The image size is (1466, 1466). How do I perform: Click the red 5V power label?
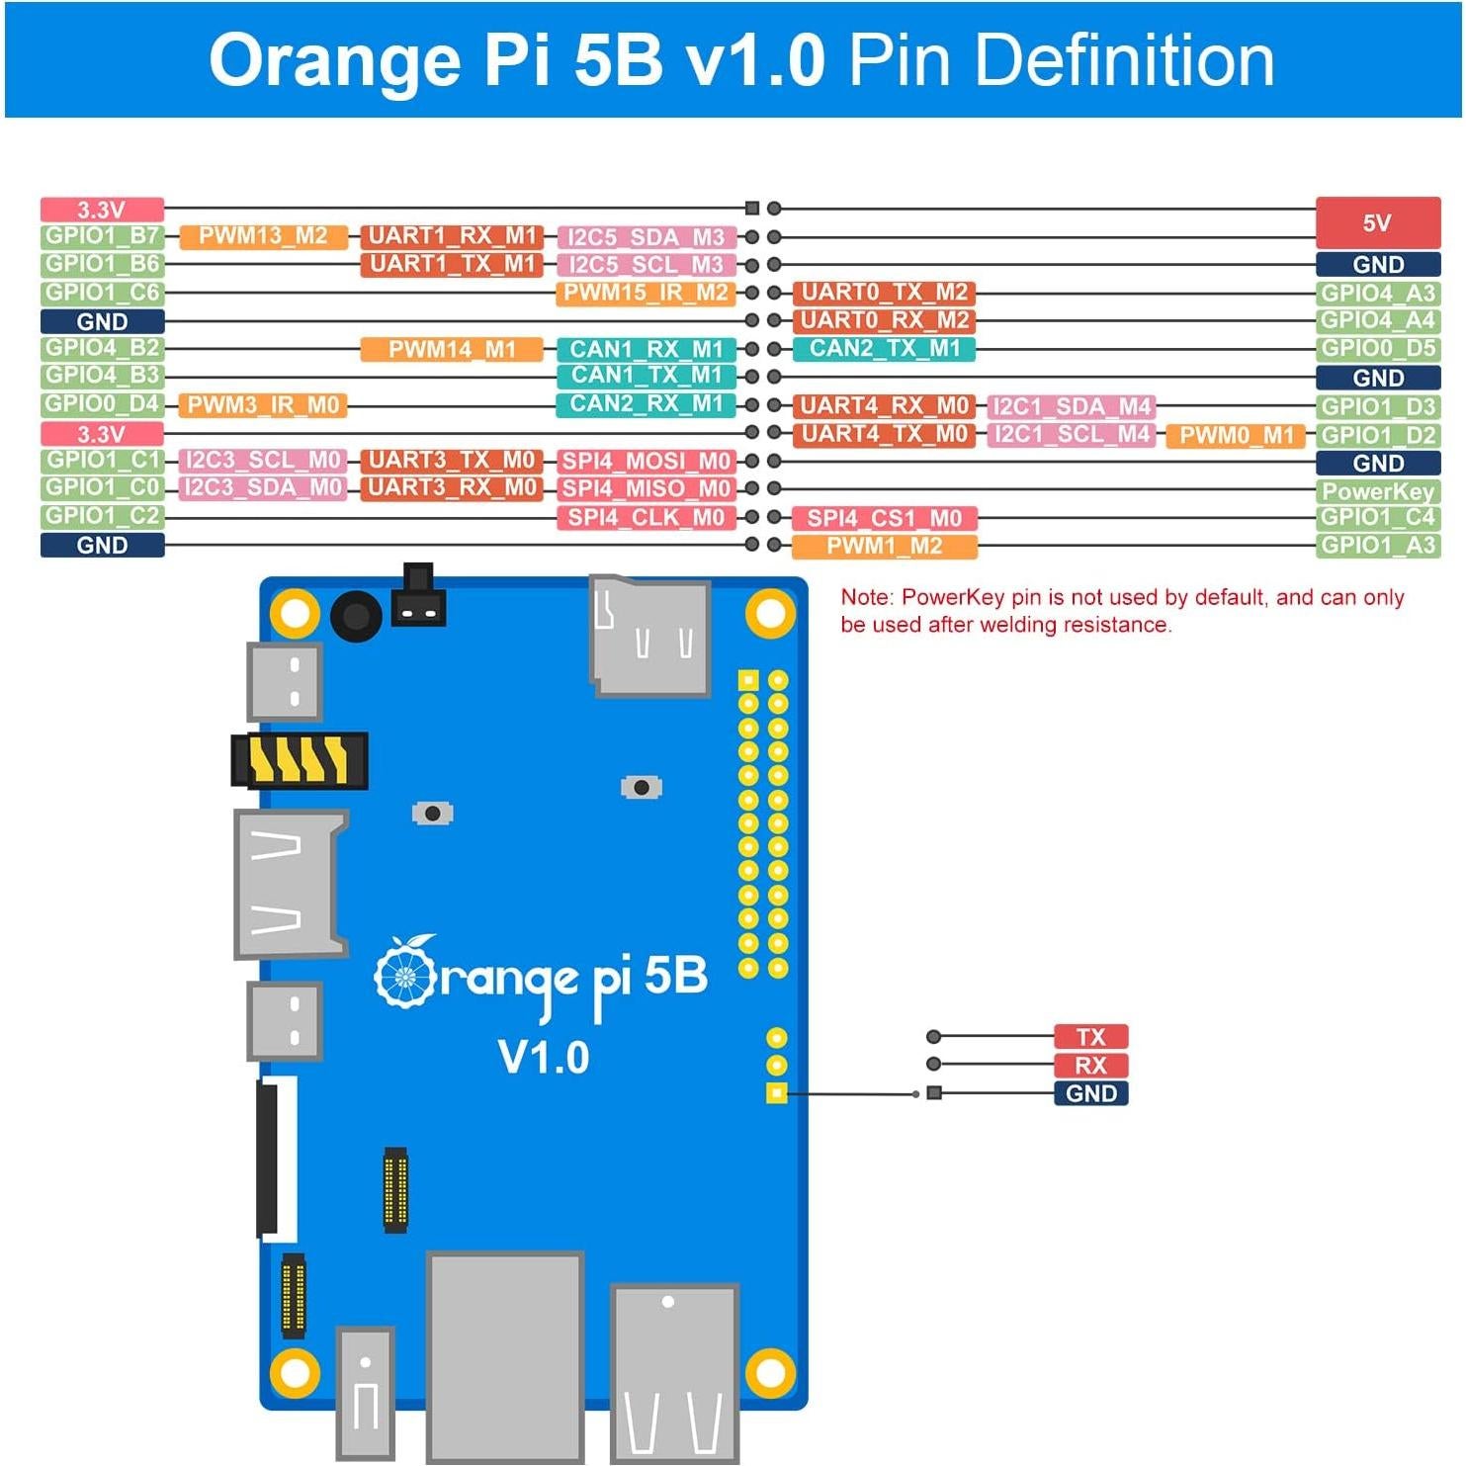click(1377, 222)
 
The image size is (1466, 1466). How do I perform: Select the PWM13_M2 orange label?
click(263, 236)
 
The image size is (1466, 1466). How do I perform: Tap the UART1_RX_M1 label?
click(451, 236)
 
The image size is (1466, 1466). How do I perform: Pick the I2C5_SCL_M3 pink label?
click(647, 265)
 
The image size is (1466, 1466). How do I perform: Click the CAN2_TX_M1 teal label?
click(884, 349)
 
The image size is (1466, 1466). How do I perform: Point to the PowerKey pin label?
click(1377, 491)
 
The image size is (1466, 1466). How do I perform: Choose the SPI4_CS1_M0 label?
click(884, 518)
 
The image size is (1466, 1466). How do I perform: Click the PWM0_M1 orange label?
click(1236, 436)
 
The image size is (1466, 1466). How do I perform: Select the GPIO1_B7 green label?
click(102, 236)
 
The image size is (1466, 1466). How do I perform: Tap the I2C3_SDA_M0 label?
click(263, 488)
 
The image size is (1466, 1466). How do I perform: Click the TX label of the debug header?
click(1090, 1037)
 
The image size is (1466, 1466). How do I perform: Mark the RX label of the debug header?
click(1090, 1066)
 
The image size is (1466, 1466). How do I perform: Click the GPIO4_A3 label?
click(1377, 294)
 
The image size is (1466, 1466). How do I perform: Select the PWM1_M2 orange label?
click(884, 547)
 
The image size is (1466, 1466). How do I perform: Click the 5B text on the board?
click(676, 977)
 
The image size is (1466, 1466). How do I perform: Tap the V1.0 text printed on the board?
click(544, 1058)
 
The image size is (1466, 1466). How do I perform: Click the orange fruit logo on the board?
click(405, 972)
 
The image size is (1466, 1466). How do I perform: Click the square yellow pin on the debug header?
click(777, 1093)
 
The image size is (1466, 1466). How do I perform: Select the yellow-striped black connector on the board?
click(300, 760)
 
